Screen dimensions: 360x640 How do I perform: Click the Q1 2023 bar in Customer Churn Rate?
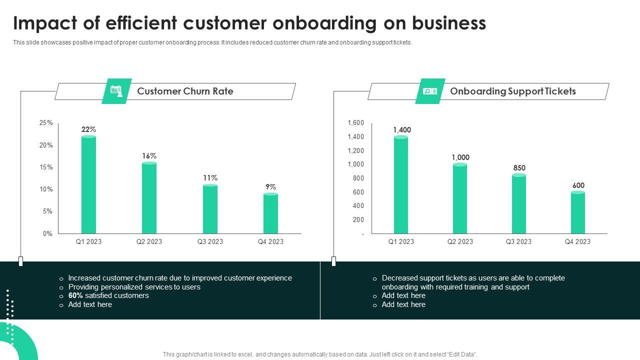88,184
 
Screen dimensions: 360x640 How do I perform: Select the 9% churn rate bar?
270,213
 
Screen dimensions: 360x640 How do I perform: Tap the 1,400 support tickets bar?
401,184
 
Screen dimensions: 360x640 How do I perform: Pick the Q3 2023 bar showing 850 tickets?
519,204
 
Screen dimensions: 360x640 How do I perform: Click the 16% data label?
149,156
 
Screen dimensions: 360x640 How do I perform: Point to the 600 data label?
578,185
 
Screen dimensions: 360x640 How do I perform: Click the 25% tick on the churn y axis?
46,123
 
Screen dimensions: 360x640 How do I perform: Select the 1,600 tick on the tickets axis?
356,123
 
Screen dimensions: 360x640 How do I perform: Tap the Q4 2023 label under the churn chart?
270,241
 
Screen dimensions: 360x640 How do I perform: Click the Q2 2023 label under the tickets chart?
460,241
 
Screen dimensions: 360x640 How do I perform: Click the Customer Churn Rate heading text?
185,91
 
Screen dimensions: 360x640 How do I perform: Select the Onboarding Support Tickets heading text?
512,91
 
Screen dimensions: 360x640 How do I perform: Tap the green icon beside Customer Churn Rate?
116,91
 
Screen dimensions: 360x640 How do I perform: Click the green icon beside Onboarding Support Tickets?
430,91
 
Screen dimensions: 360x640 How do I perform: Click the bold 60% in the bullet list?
75,295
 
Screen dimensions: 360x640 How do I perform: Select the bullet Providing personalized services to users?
134,287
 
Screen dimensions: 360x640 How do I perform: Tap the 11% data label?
210,178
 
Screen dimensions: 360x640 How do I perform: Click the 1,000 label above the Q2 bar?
460,157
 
